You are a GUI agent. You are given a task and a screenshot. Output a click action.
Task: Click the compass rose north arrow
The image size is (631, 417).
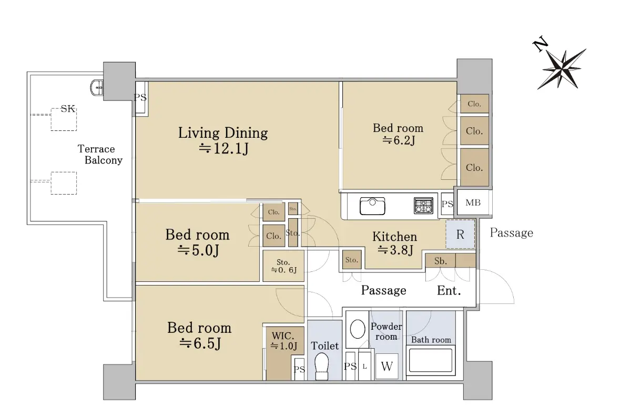pos(561,68)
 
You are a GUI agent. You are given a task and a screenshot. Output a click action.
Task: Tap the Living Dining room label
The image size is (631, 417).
pos(223,133)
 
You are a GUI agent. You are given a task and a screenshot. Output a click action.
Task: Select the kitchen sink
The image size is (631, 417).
pos(372,206)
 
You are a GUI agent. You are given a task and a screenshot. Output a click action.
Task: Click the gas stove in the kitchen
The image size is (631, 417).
pos(423,206)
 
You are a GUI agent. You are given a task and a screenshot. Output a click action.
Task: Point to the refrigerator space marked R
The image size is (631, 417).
pos(460,234)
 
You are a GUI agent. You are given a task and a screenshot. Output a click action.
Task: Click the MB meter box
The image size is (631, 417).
pos(473,202)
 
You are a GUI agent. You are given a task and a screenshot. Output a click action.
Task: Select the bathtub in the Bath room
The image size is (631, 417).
pos(431,360)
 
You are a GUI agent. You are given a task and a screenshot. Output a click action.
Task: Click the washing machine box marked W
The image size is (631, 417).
pos(387,366)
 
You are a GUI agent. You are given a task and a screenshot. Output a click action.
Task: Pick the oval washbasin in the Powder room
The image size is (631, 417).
pos(358,329)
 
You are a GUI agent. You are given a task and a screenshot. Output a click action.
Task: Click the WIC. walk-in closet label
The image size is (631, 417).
pos(283,336)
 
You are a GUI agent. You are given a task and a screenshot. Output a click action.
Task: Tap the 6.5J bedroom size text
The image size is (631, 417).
pos(200,343)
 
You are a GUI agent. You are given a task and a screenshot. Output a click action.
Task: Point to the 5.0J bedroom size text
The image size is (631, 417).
pos(198,250)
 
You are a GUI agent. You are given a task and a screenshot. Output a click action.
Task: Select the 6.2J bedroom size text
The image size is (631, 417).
pos(399,140)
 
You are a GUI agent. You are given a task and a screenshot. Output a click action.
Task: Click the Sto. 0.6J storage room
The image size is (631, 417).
pos(283,266)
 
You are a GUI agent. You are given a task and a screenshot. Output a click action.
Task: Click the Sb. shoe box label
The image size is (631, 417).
pos(441,261)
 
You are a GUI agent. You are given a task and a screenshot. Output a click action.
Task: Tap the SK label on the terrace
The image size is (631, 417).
pos(68,108)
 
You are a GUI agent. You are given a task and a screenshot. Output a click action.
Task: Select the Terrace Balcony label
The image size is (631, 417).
pos(100,155)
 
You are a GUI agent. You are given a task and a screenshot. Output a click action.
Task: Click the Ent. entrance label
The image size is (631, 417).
pos(449,290)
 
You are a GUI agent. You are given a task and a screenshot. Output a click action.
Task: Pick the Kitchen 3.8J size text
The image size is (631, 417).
pos(395,250)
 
